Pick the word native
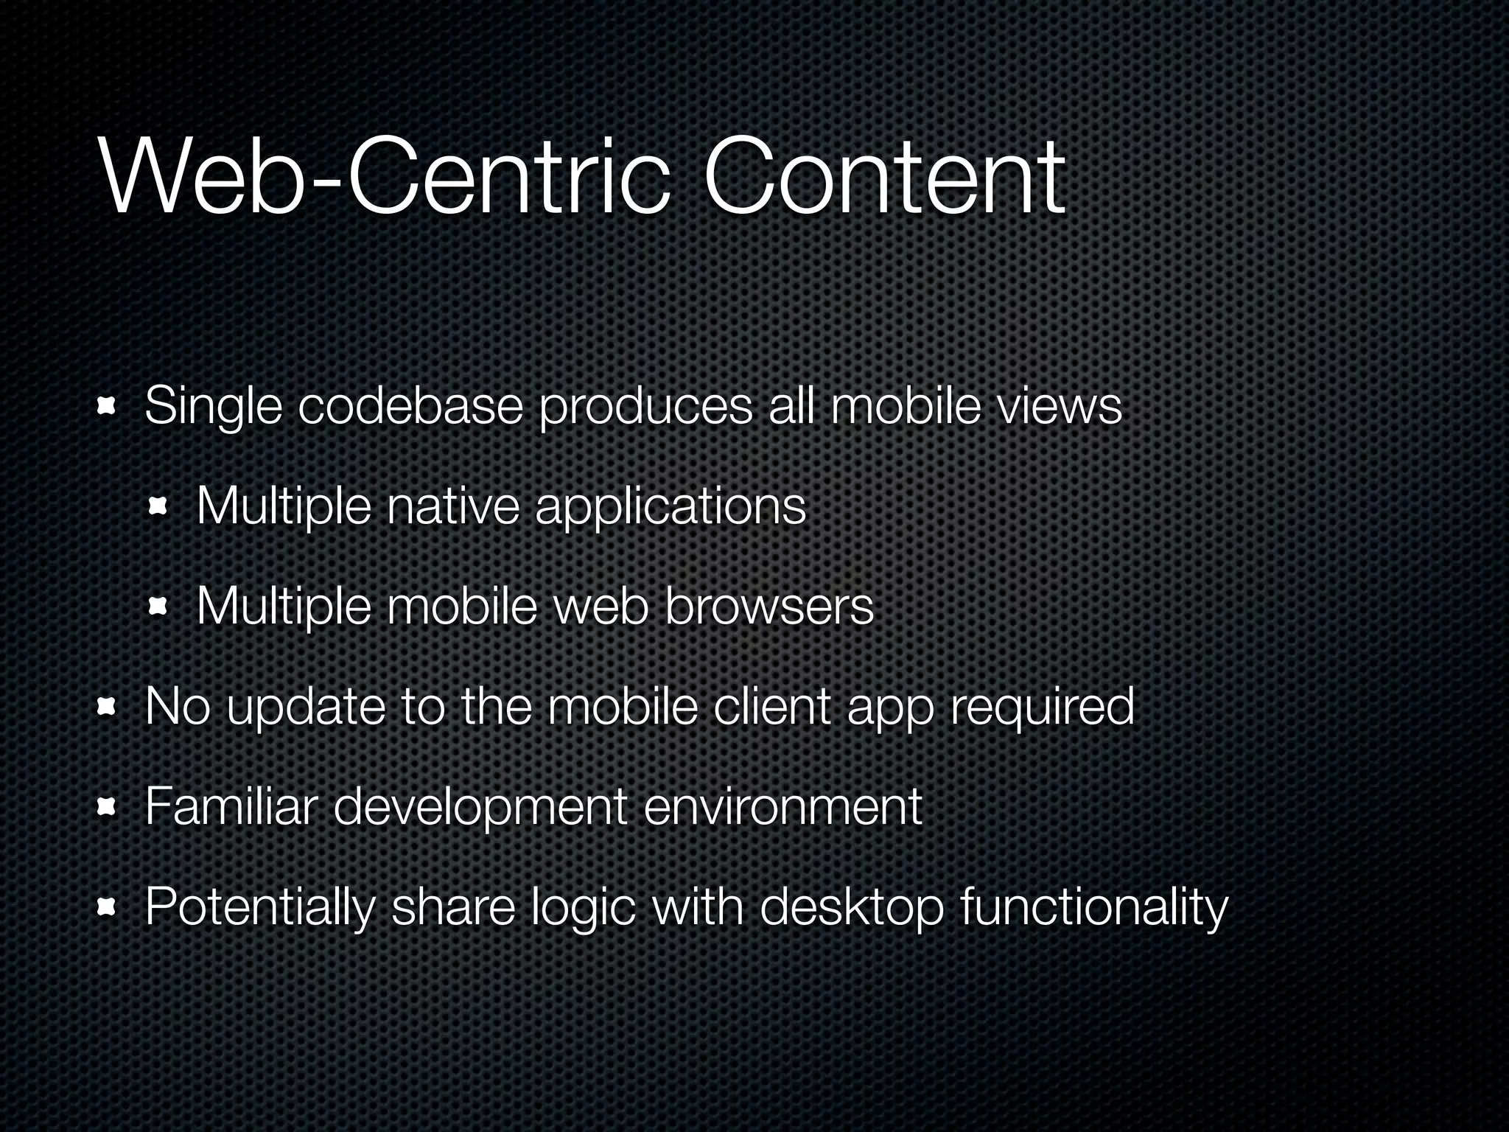tap(453, 506)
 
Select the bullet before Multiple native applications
tap(158, 507)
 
